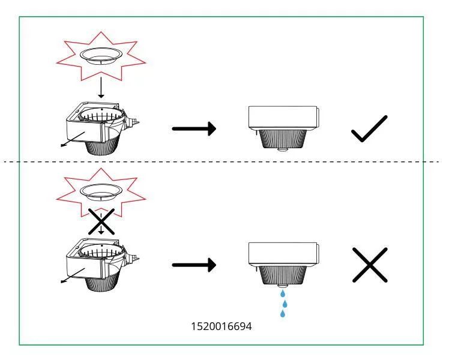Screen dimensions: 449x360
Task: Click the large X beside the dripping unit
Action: tap(370, 265)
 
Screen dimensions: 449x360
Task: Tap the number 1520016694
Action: tap(221, 326)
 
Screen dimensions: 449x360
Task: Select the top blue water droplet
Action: tap(283, 293)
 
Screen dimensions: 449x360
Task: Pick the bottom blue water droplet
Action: tap(283, 314)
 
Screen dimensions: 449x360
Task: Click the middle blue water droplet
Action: tap(285, 304)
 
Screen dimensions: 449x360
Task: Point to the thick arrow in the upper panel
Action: tap(194, 129)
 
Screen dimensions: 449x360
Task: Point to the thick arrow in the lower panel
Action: tap(194, 265)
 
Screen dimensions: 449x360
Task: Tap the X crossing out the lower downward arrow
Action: tap(101, 221)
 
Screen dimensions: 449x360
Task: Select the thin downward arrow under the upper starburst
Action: tap(101, 88)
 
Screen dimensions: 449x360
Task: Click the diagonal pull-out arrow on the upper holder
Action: tap(73, 139)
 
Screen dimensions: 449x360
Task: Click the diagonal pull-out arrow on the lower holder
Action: tap(73, 275)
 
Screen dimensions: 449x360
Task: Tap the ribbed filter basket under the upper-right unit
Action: tap(283, 139)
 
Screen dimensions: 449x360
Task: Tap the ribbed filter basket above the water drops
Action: tap(283, 275)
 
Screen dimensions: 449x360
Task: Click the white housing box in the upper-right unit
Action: tap(283, 118)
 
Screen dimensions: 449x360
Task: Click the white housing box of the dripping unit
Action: tap(283, 254)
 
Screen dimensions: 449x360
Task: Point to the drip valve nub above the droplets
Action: tap(283, 286)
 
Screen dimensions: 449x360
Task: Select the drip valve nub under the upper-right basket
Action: tap(283, 149)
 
